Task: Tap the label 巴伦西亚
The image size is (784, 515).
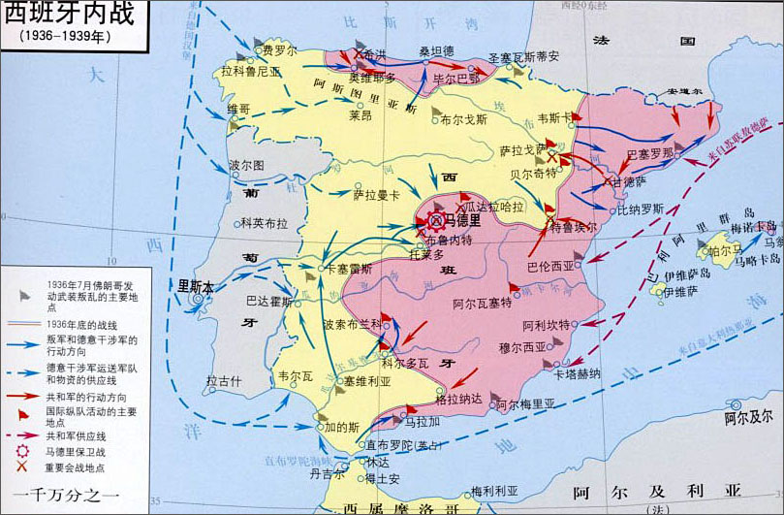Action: [550, 265]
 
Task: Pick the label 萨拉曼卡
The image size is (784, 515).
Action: [376, 195]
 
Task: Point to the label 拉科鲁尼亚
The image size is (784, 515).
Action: [250, 71]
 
